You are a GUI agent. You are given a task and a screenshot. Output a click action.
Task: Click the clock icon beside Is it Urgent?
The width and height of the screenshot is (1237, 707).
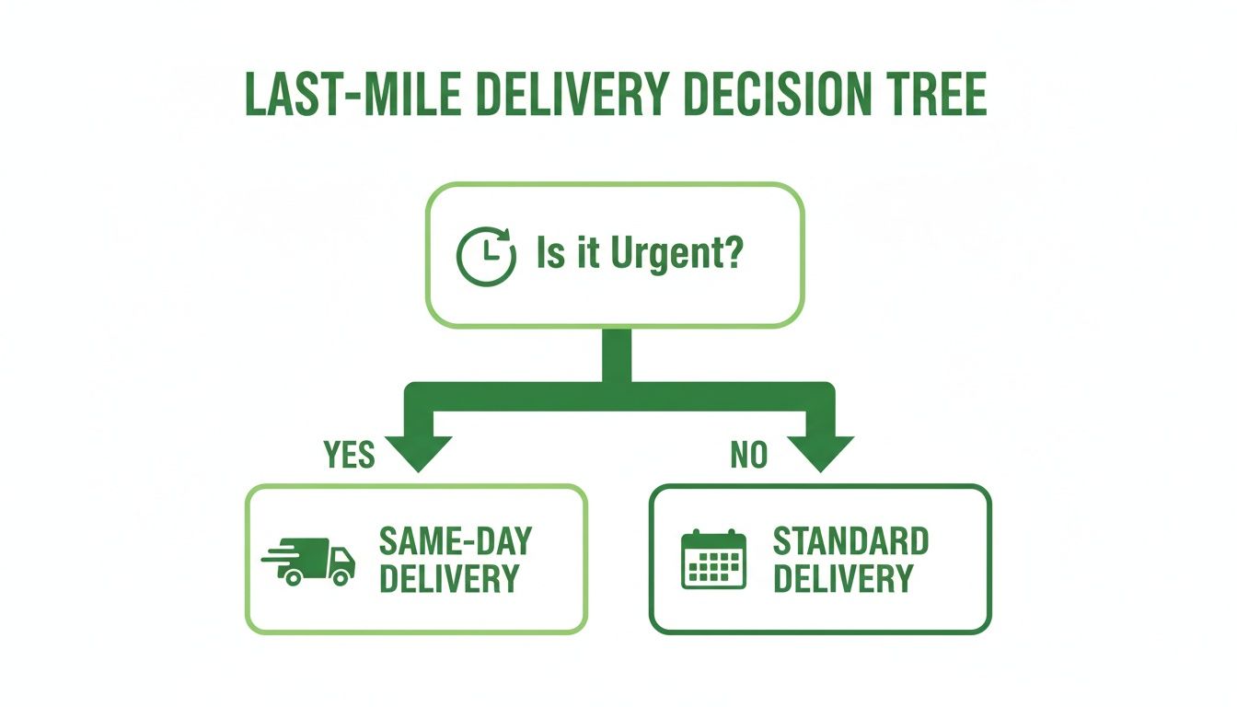(485, 255)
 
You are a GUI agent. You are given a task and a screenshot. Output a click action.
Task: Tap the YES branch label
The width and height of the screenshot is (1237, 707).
(350, 455)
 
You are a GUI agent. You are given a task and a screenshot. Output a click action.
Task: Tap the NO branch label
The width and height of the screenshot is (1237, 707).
(748, 455)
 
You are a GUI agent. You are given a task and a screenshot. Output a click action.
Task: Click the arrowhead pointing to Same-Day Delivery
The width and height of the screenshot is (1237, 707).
(417, 451)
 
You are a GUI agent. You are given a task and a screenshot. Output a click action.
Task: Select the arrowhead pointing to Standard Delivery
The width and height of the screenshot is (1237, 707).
(820, 451)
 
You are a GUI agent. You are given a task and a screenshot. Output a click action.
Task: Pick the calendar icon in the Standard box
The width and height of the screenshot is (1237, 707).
(713, 559)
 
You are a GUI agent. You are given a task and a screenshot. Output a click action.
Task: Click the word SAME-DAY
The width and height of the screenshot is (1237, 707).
(455, 541)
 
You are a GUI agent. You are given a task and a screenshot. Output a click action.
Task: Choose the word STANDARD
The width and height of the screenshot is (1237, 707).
(850, 541)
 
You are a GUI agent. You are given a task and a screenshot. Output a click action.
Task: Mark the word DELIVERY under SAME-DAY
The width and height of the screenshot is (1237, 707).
(449, 579)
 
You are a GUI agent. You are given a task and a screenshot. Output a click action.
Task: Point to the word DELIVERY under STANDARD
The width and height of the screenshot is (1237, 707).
(842, 579)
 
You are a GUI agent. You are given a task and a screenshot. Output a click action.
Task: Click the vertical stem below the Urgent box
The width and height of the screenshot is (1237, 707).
(617, 354)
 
